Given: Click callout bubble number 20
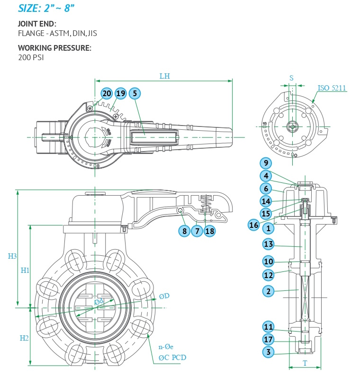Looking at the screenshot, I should pos(107,93).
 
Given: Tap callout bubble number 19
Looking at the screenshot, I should pos(121,93).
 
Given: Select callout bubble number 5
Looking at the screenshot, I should pos(135,93).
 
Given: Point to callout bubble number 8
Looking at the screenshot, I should pos(184,231).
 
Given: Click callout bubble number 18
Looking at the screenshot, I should pos(210,231).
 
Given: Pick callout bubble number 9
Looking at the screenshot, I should pos(266,163).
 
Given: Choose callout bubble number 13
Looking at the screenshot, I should pos(269,244).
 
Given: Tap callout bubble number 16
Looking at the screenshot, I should pos(254,225).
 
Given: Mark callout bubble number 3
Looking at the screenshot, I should pos(269,352).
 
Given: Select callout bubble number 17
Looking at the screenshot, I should pos(269,339).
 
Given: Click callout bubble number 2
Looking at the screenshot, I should pos(269,291).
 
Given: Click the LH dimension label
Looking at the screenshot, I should pos(164,76).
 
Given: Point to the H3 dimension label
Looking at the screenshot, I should pos(12,256).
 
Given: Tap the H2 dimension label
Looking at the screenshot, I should pos(25,338).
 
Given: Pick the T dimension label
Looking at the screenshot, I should pos(305,363).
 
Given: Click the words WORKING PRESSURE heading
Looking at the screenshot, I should pos(54,48).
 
